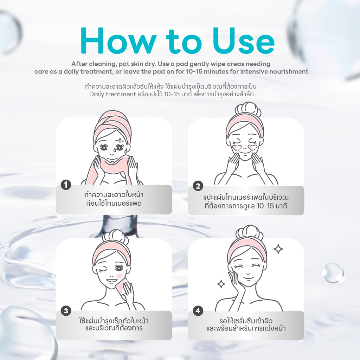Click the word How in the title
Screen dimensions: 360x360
pyautogui.click(x=118, y=41)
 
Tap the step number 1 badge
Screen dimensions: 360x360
pyautogui.click(x=66, y=185)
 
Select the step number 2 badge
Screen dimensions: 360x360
pyautogui.click(x=198, y=186)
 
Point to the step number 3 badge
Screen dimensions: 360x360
pyautogui.click(x=66, y=311)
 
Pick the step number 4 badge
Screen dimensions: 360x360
pyautogui.click(x=198, y=311)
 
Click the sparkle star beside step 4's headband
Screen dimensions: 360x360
pyautogui.click(x=278, y=249)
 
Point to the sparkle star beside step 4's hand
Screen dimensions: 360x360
pyautogui.click(x=221, y=284)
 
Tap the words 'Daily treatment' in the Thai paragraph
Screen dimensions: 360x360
pyautogui.click(x=113, y=94)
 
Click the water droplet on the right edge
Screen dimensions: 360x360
pyautogui.click(x=333, y=273)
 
